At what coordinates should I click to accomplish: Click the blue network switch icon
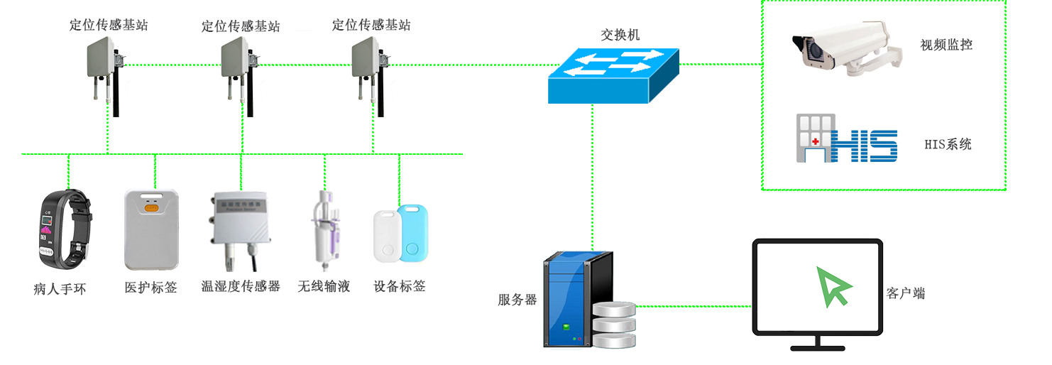(613, 76)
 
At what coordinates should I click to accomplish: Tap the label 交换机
(620, 35)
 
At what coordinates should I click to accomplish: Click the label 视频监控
(946, 45)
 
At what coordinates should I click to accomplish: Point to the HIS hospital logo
(847, 138)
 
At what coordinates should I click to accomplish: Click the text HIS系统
(948, 144)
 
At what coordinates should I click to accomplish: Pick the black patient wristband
(65, 229)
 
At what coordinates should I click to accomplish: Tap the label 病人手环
(60, 289)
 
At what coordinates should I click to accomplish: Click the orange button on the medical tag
(151, 207)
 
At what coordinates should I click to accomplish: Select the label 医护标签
(150, 287)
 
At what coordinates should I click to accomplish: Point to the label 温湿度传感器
(241, 286)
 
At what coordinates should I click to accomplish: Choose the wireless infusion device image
(325, 230)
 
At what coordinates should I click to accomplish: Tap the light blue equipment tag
(413, 232)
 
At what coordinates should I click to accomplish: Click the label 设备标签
(399, 286)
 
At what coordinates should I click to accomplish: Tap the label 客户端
(906, 293)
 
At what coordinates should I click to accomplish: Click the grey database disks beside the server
(614, 325)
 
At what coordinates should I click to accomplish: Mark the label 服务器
(517, 300)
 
